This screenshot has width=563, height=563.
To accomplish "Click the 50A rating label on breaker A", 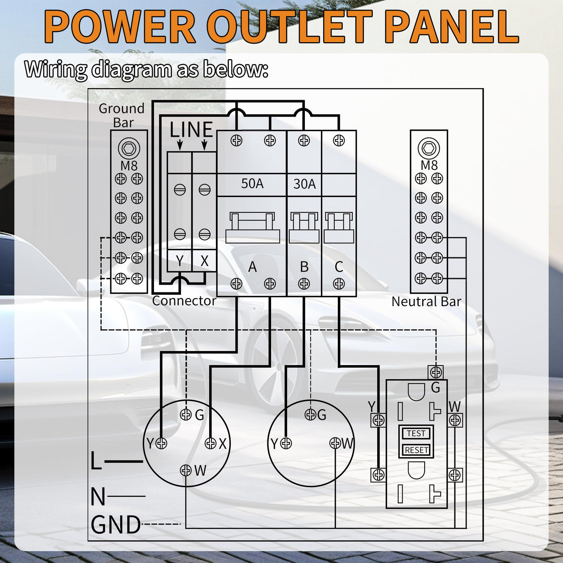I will (252, 184).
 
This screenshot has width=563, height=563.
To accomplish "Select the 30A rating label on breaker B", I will (304, 184).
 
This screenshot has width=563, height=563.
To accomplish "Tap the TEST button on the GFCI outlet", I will (416, 433).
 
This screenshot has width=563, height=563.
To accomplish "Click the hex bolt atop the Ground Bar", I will (129, 148).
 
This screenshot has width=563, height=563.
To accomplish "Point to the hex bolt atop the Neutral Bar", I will (429, 148).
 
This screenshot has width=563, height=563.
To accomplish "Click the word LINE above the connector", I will (191, 130).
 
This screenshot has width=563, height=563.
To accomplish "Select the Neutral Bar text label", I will (426, 302).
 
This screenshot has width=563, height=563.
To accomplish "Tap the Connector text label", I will (184, 301).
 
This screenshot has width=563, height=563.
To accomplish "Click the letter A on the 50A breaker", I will (252, 267).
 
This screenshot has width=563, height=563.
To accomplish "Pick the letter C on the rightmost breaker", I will (339, 267).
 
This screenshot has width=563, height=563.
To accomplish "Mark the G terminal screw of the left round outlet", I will (186, 414).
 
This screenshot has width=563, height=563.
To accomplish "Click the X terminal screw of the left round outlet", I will (211, 443).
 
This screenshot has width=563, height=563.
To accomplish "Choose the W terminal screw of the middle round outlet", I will (335, 443).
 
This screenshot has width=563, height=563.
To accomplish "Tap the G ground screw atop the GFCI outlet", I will (436, 372).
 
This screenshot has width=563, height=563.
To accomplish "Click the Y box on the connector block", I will (180, 261).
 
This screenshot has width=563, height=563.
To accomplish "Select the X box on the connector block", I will (204, 261).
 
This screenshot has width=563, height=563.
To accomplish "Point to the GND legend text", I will (116, 525).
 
